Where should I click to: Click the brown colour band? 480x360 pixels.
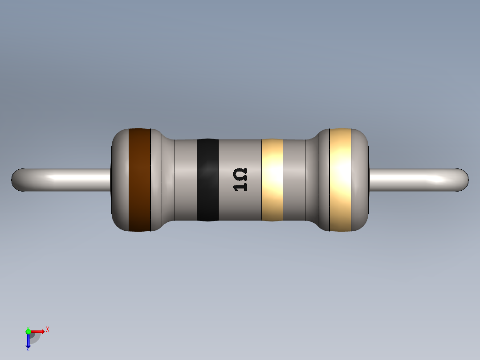point(139,180)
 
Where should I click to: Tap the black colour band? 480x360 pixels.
point(207,180)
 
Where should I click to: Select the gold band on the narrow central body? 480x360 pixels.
point(272,180)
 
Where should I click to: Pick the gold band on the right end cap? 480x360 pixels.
point(340,180)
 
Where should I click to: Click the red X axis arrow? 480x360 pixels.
point(38,331)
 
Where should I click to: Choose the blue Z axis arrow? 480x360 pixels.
point(28,340)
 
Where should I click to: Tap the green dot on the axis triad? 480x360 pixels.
point(28,331)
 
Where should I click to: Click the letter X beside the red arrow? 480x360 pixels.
point(47,330)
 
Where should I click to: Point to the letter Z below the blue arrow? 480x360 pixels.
point(28,350)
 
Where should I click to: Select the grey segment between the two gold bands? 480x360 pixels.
point(300,180)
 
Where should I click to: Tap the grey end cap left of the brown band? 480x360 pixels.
point(120,180)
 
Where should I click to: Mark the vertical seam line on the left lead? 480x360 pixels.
point(55,180)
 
